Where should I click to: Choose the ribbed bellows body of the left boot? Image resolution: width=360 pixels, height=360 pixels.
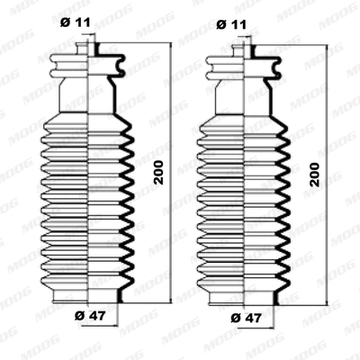(x=87, y=198)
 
